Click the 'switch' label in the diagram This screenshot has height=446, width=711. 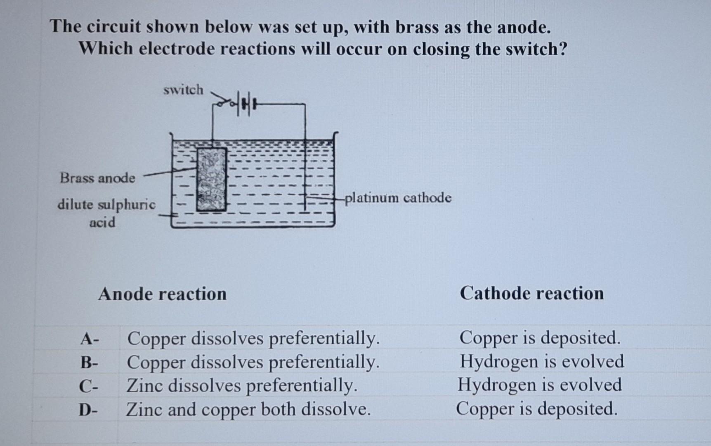point(183,90)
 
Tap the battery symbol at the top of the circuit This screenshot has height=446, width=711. point(247,104)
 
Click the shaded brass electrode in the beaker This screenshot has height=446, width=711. point(212,179)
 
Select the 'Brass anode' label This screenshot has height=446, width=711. point(97,178)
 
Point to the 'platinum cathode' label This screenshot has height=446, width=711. point(398,198)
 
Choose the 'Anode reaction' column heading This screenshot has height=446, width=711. point(162,294)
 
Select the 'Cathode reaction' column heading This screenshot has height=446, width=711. point(531,293)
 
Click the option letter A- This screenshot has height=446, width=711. point(90,339)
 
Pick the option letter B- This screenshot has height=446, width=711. point(89,363)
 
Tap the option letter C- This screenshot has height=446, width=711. point(89,387)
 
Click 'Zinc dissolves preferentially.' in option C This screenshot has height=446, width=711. point(242,386)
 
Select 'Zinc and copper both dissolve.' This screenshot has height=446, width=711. point(248,409)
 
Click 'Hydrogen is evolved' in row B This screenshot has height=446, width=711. point(541,361)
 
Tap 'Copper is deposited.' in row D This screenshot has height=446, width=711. point(536,408)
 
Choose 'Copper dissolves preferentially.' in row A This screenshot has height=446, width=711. point(253,338)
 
